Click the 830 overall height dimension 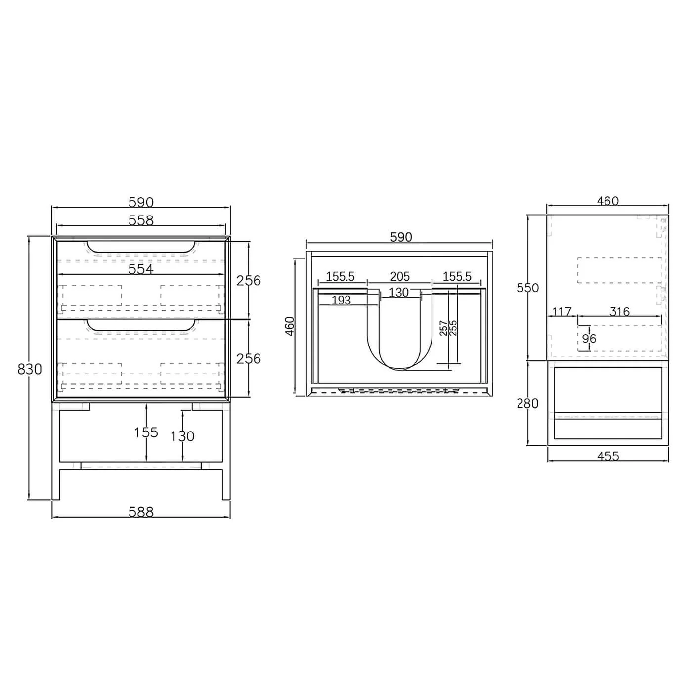[x=30, y=369]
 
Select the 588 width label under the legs [x=141, y=512]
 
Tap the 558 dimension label [x=141, y=220]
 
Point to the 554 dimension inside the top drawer [x=141, y=269]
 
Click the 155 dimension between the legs [x=146, y=432]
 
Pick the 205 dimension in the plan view [x=400, y=276]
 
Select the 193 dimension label [x=341, y=300]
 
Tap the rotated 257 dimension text [x=443, y=328]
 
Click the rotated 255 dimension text [x=453, y=328]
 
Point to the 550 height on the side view [x=527, y=288]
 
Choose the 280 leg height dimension [x=527, y=403]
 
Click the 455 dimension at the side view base [x=607, y=456]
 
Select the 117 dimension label [x=562, y=312]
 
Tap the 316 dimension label [x=619, y=312]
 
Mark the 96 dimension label [x=589, y=339]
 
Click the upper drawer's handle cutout [x=141, y=248]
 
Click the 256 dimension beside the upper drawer [x=248, y=280]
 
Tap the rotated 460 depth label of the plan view [x=290, y=326]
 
